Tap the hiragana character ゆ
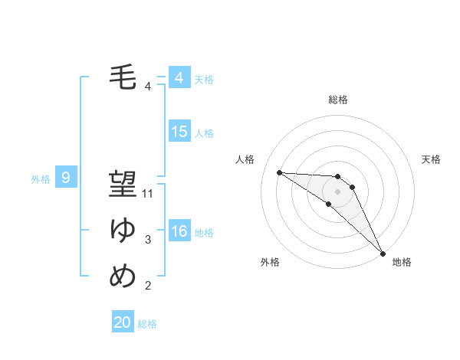tap(123, 231)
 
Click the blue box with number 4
tap(179, 78)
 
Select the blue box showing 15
tap(179, 132)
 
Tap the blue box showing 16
tap(179, 231)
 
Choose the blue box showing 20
tap(123, 322)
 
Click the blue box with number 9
tap(66, 178)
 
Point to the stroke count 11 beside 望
tap(148, 194)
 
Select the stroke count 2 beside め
tap(148, 286)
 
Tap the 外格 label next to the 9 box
tap(41, 179)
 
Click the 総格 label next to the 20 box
tap(147, 324)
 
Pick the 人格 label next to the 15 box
tap(204, 133)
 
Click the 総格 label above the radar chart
tap(338, 100)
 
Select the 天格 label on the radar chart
tap(432, 159)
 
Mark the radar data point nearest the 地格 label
tap(382, 252)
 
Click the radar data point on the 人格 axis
tap(279, 172)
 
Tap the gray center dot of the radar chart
tap(338, 191)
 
